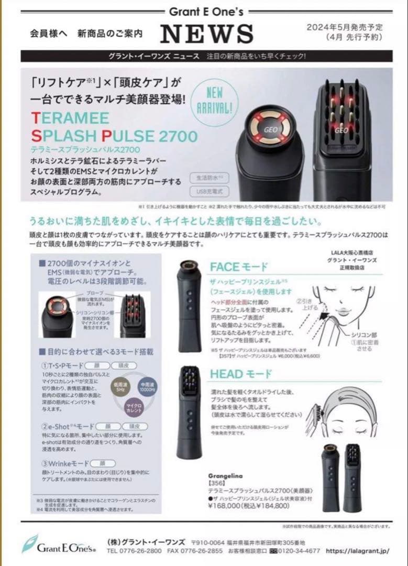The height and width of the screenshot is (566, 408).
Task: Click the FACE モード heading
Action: (x=238, y=267)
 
